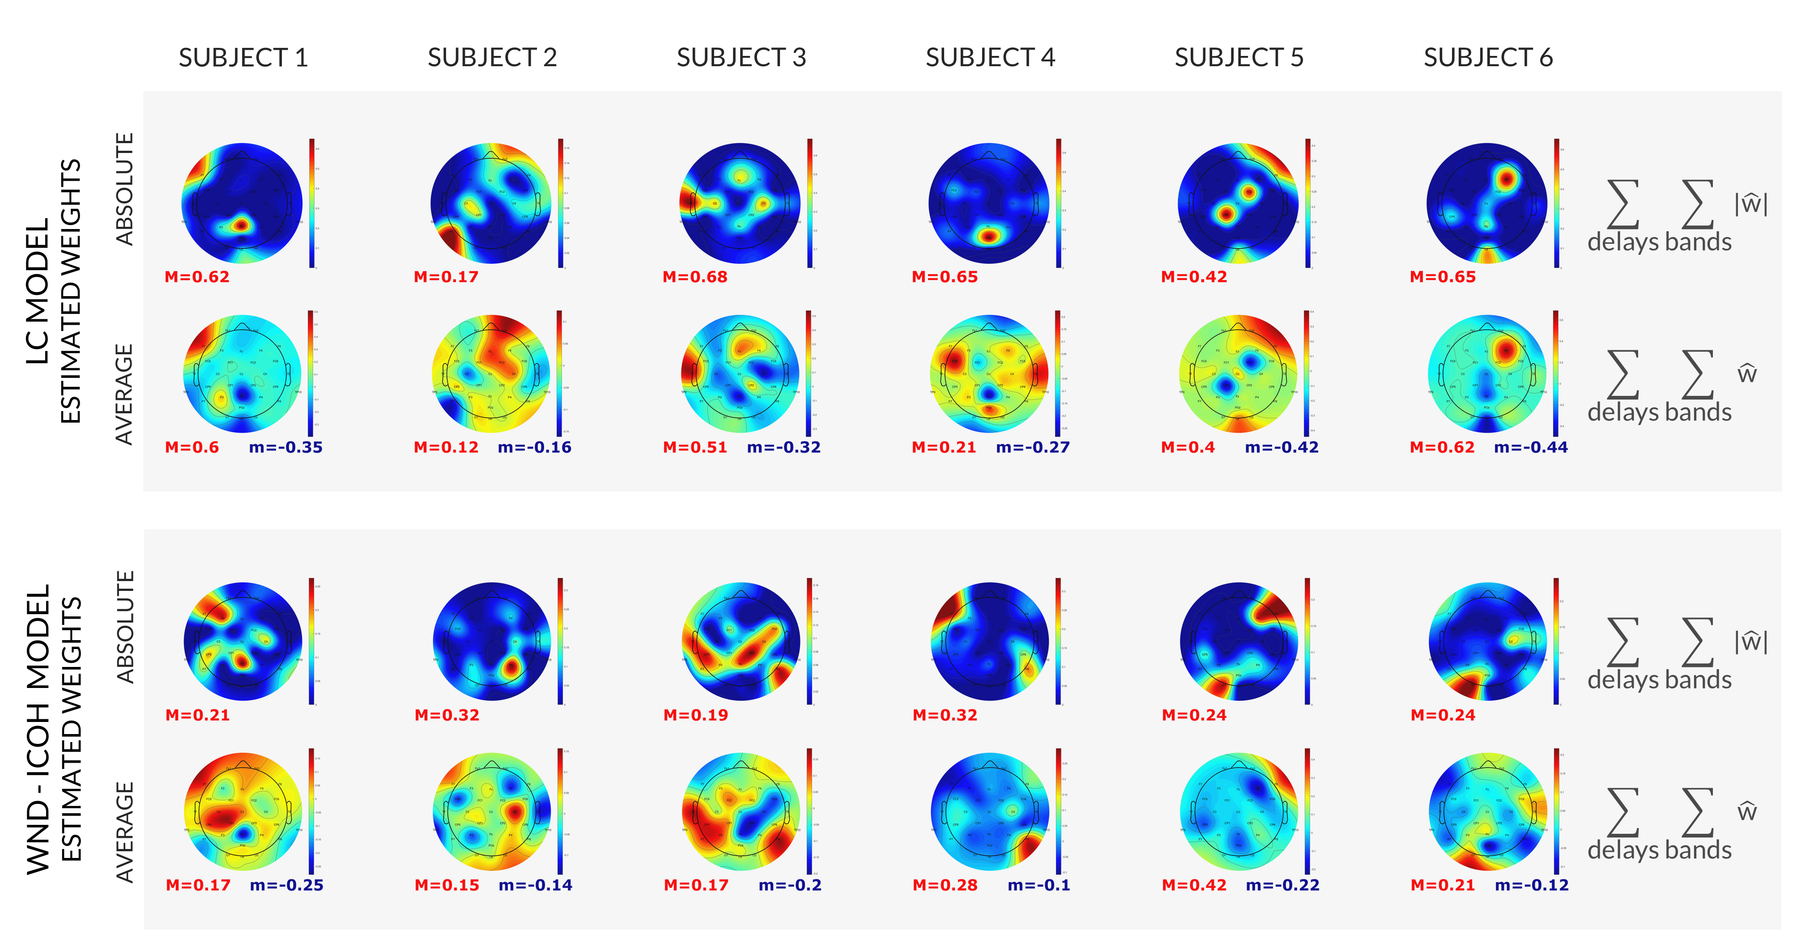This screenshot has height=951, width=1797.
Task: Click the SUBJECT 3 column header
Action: point(741,58)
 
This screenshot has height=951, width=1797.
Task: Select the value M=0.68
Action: point(695,277)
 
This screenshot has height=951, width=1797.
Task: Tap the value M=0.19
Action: point(695,715)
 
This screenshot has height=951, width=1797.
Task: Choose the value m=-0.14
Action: point(535,885)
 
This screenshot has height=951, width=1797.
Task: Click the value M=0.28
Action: point(945,885)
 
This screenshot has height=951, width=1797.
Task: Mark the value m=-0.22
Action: point(1282,885)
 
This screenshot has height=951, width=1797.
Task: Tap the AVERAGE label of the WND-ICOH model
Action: point(124,832)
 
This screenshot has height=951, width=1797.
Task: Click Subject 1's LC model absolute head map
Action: point(242,203)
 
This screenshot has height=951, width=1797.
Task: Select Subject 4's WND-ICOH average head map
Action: point(989,811)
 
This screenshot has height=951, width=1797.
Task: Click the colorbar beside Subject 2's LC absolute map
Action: point(560,203)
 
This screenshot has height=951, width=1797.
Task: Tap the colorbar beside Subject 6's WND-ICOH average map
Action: point(1556,811)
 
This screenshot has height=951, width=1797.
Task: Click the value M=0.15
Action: point(447,885)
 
